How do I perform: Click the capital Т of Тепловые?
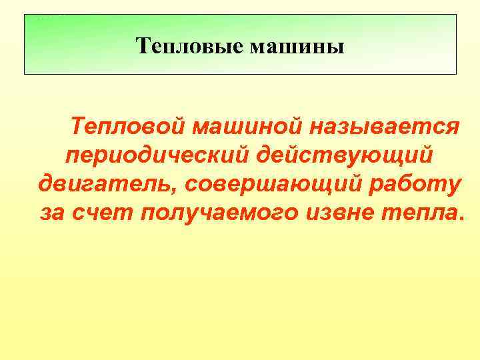pos(141,46)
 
